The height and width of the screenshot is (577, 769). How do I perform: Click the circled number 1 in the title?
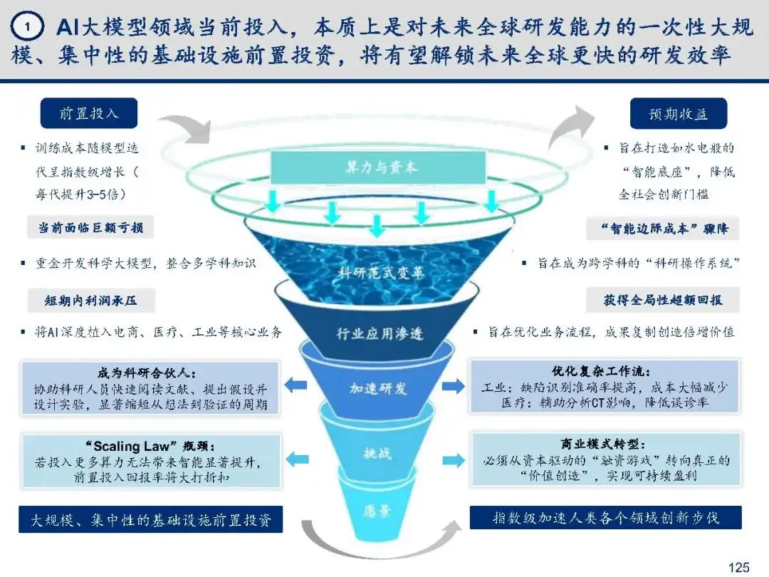point(27,27)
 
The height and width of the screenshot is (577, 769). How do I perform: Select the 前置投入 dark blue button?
point(89,113)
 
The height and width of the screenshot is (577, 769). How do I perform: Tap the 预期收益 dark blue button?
point(679,113)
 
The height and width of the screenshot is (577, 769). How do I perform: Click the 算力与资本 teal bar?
point(378,167)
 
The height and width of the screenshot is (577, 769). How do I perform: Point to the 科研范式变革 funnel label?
point(381,272)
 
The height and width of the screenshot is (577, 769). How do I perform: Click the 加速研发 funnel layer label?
point(377,388)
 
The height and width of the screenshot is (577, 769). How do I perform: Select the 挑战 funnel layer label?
point(377,453)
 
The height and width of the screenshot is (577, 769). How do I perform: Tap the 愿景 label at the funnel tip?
point(377,511)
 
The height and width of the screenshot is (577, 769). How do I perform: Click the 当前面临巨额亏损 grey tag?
point(90,227)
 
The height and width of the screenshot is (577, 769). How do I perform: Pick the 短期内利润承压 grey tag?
point(90,300)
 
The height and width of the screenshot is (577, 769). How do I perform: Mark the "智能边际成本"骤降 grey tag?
point(663,228)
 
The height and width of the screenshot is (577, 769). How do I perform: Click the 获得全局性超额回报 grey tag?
point(663,300)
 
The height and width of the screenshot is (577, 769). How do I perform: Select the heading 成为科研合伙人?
point(147,373)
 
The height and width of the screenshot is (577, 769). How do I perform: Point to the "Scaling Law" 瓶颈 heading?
point(150,446)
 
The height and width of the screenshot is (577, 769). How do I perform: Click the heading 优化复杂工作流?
point(601,371)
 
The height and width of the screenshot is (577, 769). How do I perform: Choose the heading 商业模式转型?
point(603,444)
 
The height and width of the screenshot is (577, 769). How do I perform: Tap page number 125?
point(738,567)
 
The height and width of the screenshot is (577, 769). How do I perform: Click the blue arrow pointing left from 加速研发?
point(295,385)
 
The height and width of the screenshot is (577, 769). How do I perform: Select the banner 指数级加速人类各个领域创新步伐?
point(606,518)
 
